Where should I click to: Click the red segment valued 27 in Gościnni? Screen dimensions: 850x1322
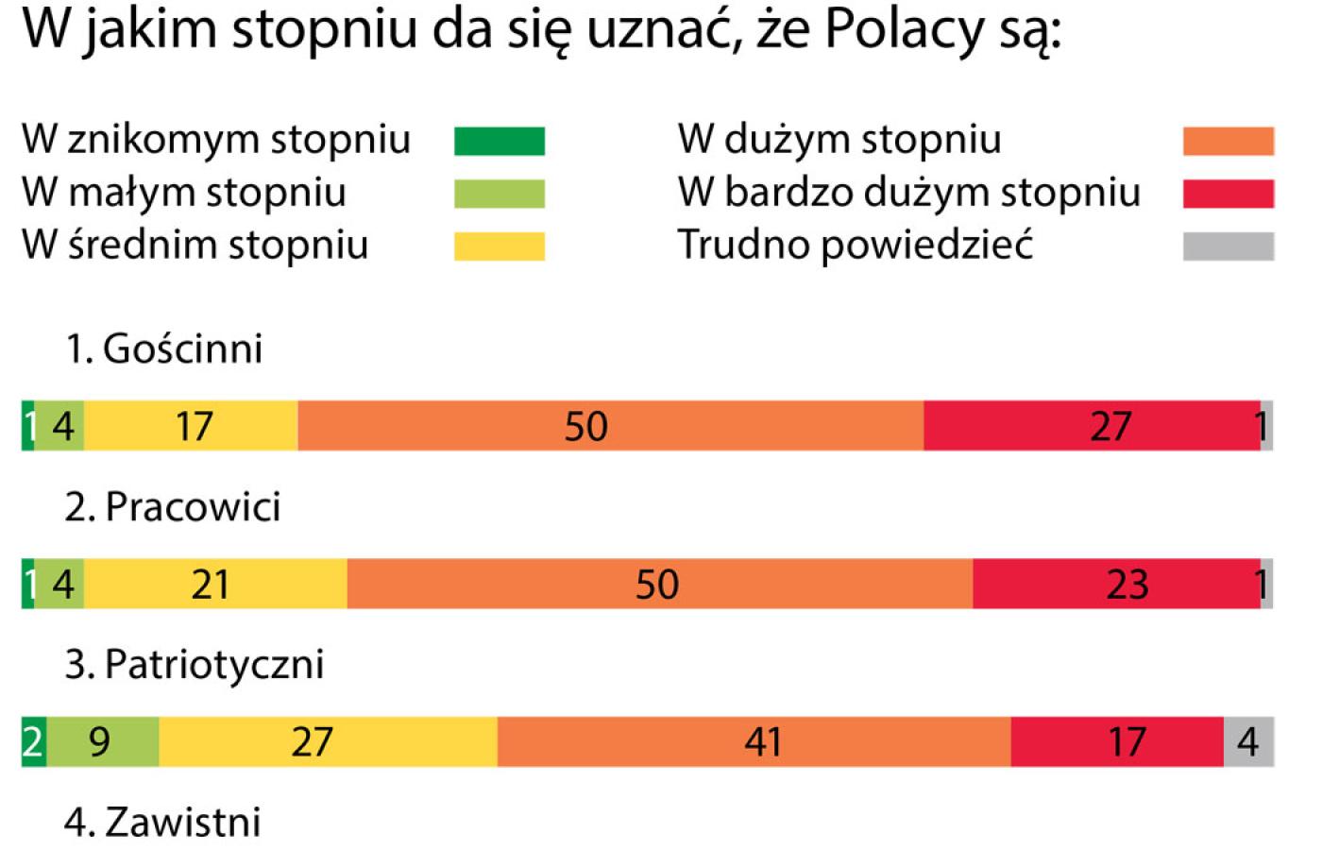coord(1092,426)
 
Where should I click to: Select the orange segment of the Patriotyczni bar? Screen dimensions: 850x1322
coord(754,741)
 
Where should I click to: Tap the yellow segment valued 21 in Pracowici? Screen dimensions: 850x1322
coord(215,584)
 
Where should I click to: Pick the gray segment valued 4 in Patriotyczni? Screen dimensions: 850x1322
coord(1248,741)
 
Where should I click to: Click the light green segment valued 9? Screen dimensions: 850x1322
coord(103,741)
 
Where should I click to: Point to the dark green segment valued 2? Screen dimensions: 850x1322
coord(33,741)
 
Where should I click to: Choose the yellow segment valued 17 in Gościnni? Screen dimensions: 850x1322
coord(191,426)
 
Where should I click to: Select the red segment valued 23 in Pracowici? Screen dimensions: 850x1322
coord(1116,584)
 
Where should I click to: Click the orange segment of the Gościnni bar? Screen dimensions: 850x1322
coord(610,426)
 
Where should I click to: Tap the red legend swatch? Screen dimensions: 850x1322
coord(1228,194)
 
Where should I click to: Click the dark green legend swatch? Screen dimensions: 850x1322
coord(499,141)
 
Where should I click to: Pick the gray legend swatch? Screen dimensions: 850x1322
coord(1228,246)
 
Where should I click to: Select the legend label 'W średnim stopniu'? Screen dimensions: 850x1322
coord(195,245)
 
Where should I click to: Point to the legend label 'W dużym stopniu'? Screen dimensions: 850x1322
coord(839,140)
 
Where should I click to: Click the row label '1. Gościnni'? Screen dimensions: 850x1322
coord(163,348)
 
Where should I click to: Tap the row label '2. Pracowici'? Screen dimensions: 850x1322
coord(173,507)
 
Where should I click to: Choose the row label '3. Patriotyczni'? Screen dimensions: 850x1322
coord(194,664)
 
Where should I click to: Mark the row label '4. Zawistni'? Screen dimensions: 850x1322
coord(162,822)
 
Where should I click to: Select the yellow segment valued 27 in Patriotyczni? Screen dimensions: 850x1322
coord(328,741)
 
